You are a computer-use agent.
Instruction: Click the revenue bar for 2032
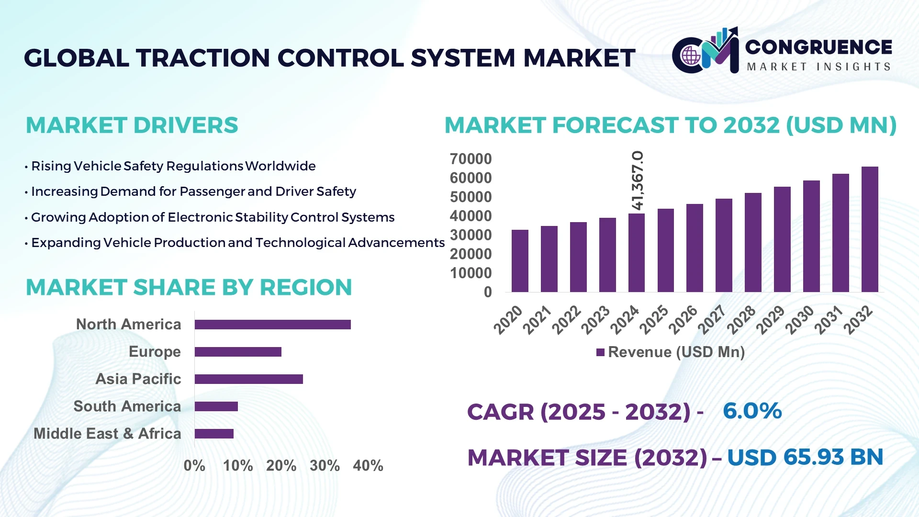pyautogui.click(x=869, y=230)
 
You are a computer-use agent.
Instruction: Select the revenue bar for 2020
pyautogui.click(x=520, y=261)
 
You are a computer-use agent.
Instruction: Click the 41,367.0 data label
pyautogui.click(x=638, y=180)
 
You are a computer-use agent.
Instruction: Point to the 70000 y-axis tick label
pyautogui.click(x=471, y=159)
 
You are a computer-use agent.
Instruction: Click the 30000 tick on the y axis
pyautogui.click(x=471, y=235)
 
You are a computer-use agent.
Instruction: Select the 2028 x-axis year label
pyautogui.click(x=741, y=320)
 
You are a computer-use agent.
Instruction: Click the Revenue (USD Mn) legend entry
pyautogui.click(x=670, y=352)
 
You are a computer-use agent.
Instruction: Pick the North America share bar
pyautogui.click(x=272, y=325)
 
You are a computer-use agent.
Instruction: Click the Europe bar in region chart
pyautogui.click(x=238, y=352)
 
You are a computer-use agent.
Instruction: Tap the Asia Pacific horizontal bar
pyautogui.click(x=248, y=379)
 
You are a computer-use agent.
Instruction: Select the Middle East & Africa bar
pyautogui.click(x=214, y=434)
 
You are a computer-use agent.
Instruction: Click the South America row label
pyautogui.click(x=127, y=406)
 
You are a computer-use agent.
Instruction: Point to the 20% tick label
pyautogui.click(x=281, y=465)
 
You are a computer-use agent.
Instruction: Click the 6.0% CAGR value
pyautogui.click(x=752, y=411)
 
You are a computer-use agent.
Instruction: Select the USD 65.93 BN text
pyautogui.click(x=805, y=457)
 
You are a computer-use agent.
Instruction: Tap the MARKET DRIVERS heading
pyautogui.click(x=132, y=125)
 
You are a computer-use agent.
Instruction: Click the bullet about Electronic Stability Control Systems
pyautogui.click(x=213, y=217)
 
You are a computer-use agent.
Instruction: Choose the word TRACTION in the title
pyautogui.click(x=203, y=58)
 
